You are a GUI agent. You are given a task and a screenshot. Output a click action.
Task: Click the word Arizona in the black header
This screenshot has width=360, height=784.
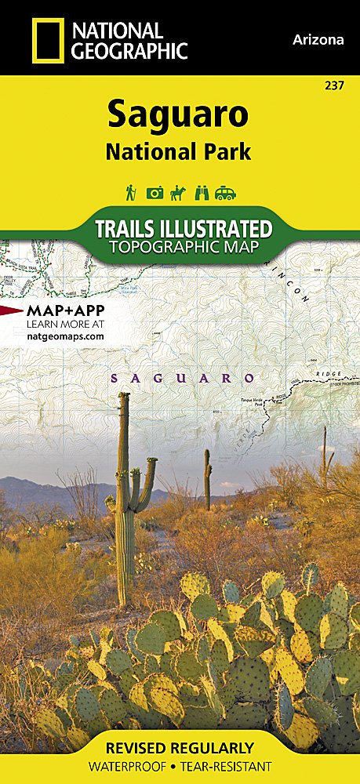317,40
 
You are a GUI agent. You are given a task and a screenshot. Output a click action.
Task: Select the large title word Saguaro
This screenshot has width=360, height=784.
178,115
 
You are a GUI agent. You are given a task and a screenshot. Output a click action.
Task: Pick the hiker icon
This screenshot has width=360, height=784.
130,191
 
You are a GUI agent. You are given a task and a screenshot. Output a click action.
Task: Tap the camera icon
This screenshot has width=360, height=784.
155,192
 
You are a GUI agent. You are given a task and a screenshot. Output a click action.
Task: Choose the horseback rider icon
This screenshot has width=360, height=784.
178,191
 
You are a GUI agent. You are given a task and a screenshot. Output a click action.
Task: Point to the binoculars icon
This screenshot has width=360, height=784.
202,192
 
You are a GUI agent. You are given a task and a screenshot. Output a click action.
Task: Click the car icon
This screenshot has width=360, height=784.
226,192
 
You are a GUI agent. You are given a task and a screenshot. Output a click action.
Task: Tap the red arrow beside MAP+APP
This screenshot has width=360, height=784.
12,310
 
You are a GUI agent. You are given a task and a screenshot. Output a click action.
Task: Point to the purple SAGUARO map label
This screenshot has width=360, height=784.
183,378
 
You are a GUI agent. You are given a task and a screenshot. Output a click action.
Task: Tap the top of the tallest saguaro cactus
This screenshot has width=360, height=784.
124,397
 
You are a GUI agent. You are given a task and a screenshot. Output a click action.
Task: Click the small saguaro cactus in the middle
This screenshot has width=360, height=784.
207,471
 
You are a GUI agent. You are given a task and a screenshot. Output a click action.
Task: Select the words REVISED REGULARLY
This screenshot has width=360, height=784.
180,746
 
